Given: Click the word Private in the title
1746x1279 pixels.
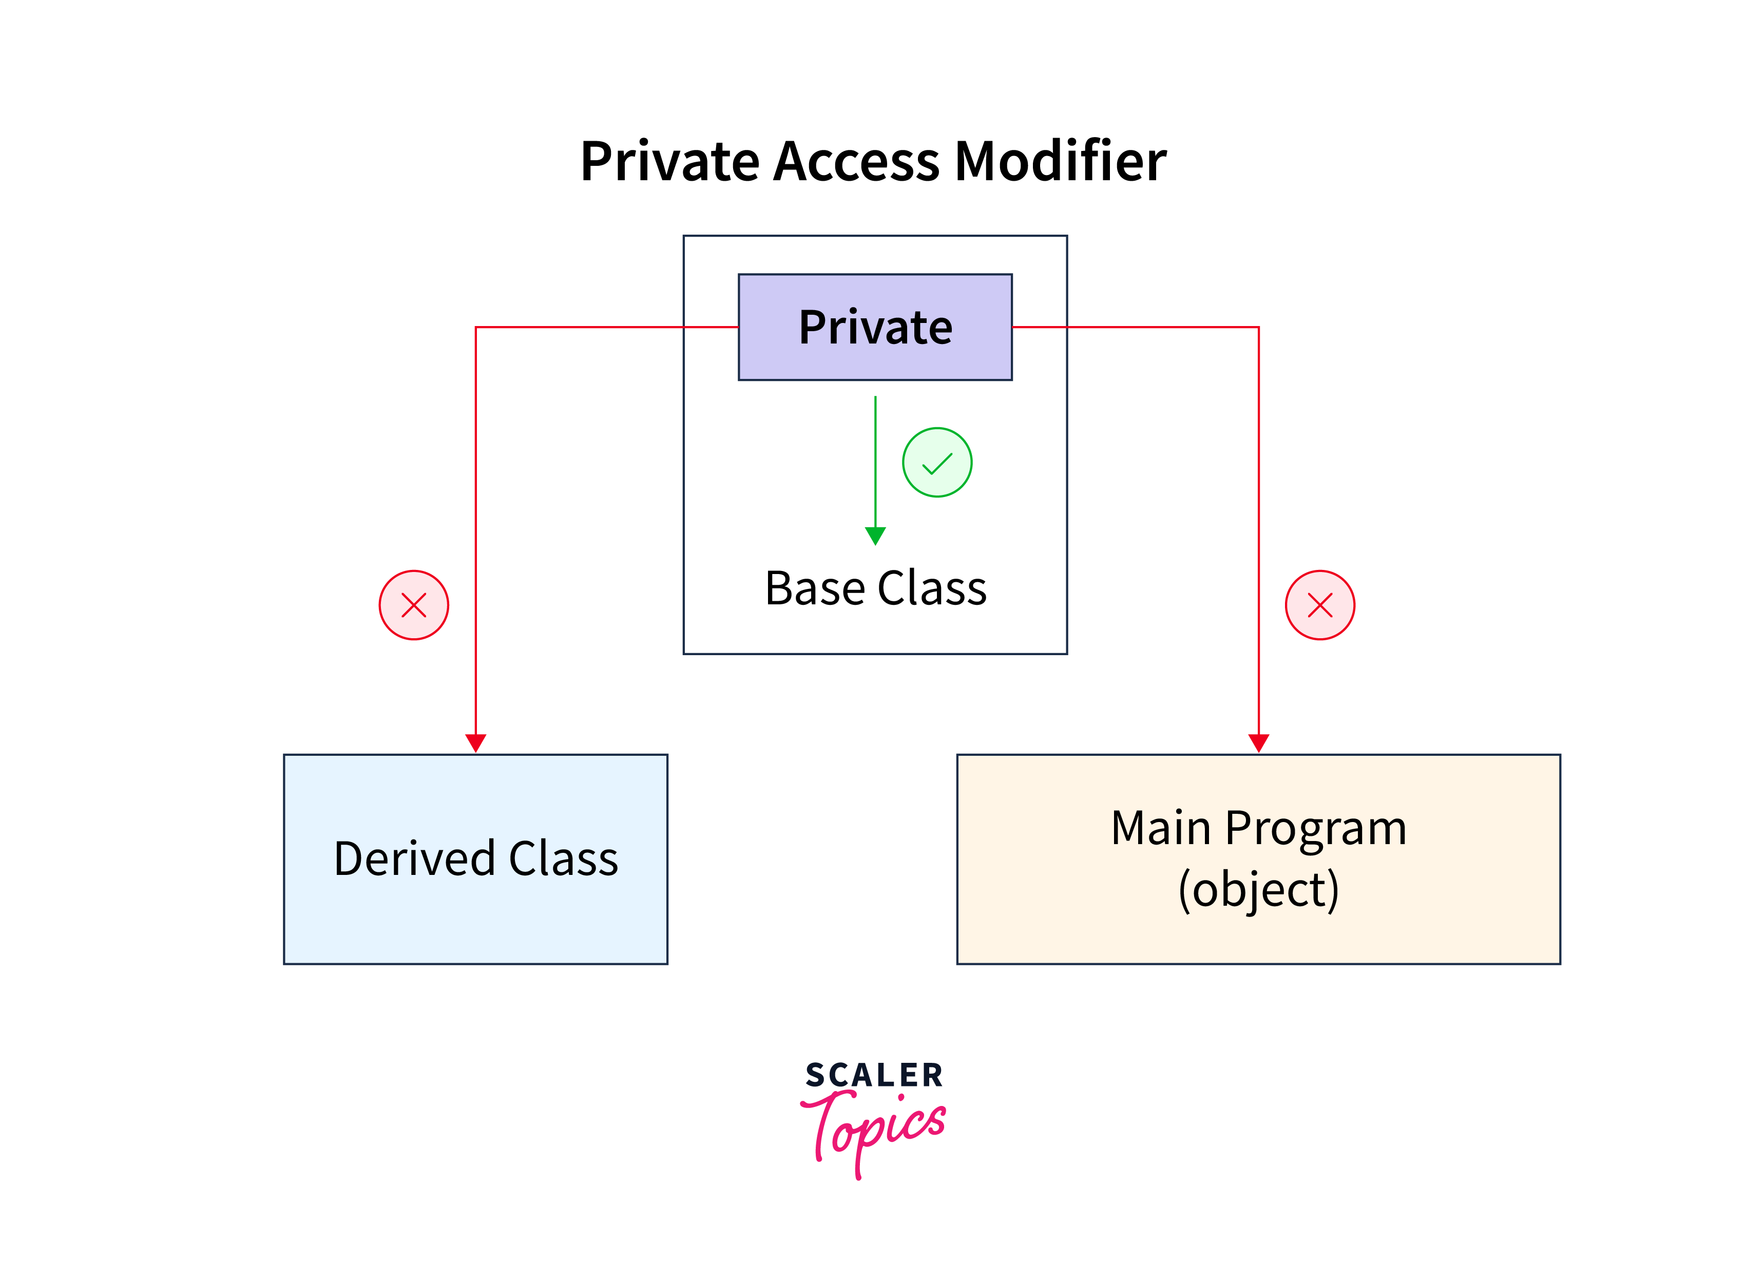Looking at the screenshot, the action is pos(670,161).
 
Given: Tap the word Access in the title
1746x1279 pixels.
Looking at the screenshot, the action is pos(857,161).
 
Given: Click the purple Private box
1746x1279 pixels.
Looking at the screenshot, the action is pos(875,327).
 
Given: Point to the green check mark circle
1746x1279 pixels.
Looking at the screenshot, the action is pos(937,462).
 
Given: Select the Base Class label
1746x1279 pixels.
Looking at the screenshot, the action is pos(875,588).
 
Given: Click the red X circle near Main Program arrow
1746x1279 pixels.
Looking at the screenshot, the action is pos(1320,605).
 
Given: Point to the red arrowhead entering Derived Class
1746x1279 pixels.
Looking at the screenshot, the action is pos(475,743).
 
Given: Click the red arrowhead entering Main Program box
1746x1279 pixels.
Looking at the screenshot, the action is pos(1259,743).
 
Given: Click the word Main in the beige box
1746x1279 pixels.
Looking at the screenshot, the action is pos(1161,828).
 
